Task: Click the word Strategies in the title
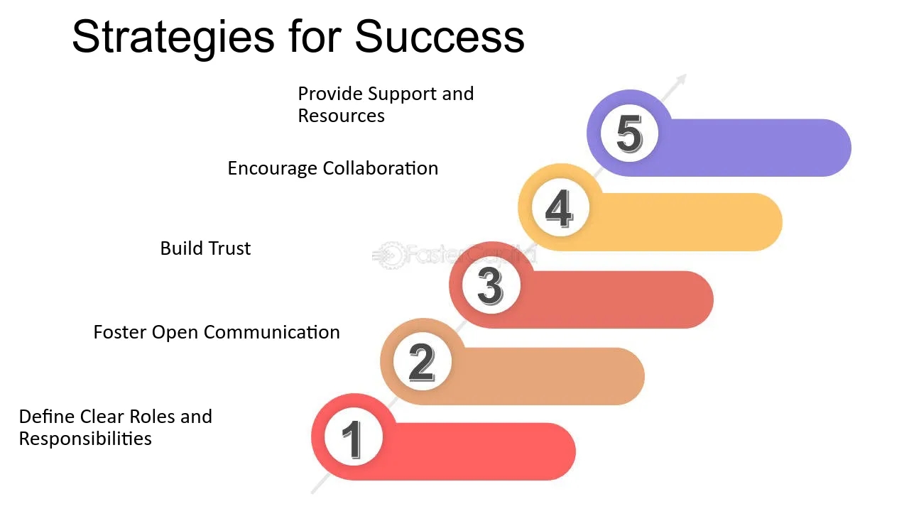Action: [173, 38]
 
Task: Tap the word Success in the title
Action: [440, 36]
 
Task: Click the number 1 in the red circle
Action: [352, 439]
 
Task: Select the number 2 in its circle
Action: [422, 362]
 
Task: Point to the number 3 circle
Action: [491, 286]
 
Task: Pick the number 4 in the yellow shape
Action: [559, 209]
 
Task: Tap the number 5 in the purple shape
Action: [629, 133]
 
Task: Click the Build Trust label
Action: [205, 248]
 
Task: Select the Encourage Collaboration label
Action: [333, 169]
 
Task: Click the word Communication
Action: [271, 332]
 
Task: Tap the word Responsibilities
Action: [85, 439]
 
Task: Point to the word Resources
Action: [342, 116]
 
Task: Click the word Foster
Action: [120, 332]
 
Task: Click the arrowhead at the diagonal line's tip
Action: [681, 79]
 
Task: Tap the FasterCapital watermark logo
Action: [454, 255]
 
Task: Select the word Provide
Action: [330, 94]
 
